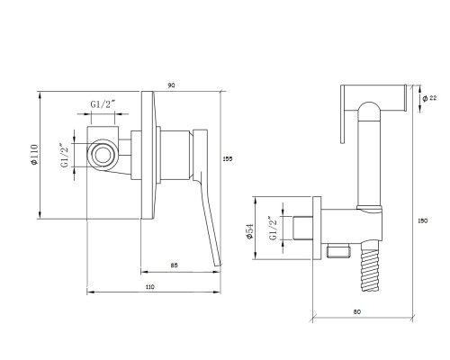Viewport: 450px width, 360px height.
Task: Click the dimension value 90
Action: [x=171, y=85]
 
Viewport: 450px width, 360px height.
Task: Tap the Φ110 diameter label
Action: [x=35, y=155]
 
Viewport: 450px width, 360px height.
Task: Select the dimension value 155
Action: [x=228, y=159]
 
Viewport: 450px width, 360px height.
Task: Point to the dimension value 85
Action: [x=174, y=265]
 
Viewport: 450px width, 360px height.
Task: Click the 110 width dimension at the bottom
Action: [x=149, y=287]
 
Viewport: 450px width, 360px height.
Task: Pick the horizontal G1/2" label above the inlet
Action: [x=103, y=104]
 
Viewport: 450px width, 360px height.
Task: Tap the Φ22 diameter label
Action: [x=429, y=98]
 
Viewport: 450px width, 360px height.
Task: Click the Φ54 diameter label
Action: [x=250, y=231]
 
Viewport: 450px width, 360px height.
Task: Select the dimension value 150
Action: [x=422, y=220]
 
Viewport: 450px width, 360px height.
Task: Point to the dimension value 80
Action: [x=356, y=311]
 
